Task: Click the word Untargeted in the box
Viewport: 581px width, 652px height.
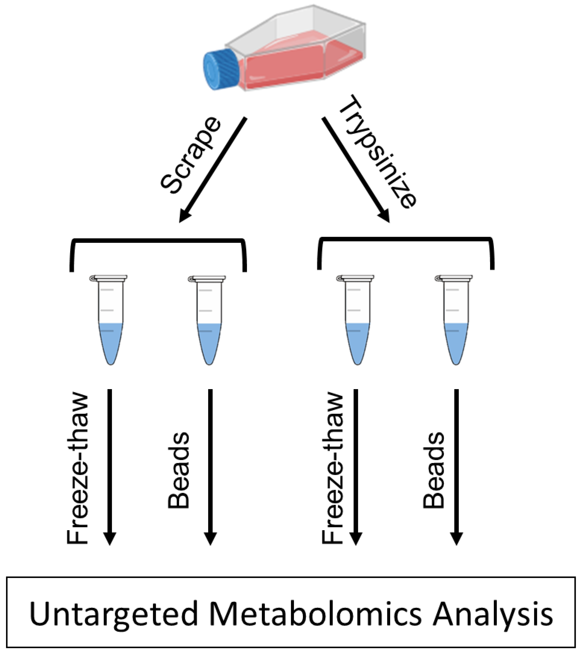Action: [113, 614]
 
